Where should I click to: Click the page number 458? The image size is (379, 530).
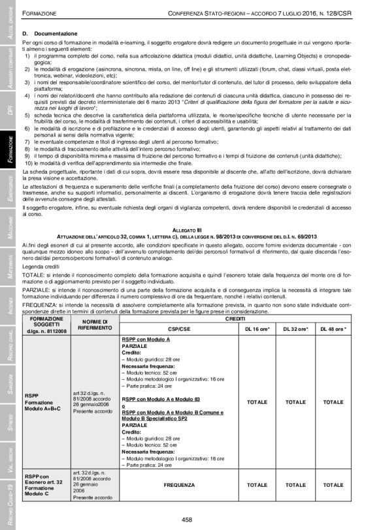[189, 519]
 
